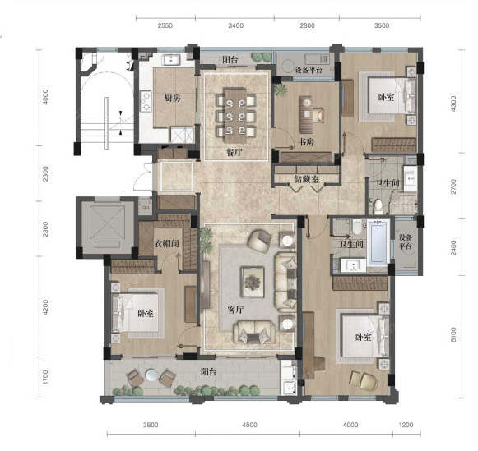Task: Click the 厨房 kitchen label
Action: [172, 99]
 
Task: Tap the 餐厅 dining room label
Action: [234, 152]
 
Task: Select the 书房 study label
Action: [306, 142]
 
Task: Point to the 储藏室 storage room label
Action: [306, 179]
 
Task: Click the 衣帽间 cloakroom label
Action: [166, 243]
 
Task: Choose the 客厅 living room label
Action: [235, 310]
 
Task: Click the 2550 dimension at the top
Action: [165, 25]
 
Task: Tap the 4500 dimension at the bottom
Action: [249, 425]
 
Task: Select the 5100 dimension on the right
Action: [453, 334]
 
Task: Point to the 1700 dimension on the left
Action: [45, 377]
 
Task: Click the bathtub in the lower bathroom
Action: [378, 242]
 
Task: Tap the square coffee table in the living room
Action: [253, 282]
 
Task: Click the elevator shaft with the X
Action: [107, 225]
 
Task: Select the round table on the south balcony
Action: [151, 375]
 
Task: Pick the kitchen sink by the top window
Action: [171, 60]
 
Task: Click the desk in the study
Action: [306, 114]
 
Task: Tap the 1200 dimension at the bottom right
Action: [406, 425]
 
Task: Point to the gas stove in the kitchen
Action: [146, 101]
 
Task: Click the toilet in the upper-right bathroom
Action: [378, 206]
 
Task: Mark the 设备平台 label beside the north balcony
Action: [309, 71]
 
